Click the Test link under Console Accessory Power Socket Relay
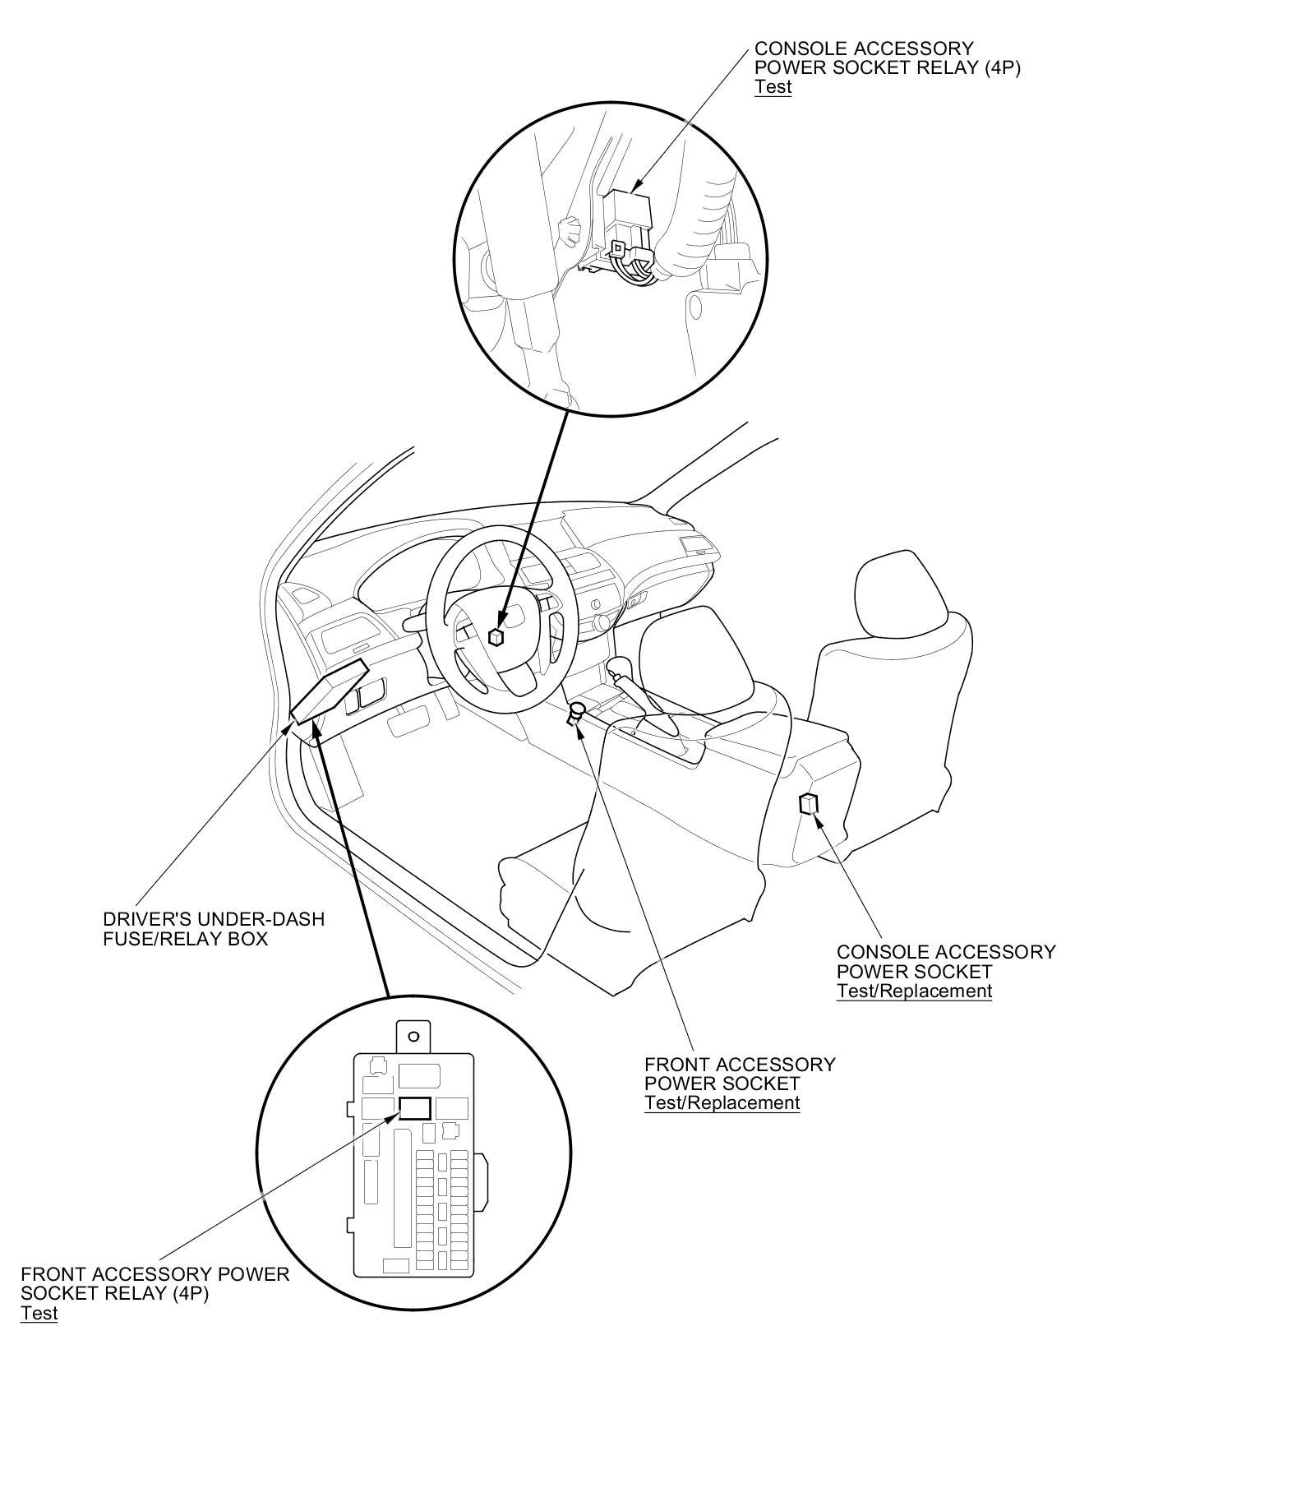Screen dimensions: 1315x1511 tap(773, 87)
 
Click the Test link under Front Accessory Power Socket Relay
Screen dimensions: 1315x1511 tap(39, 1313)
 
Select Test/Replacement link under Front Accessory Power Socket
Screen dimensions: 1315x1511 tap(722, 1103)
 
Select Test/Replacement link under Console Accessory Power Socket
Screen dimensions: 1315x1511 tap(914, 991)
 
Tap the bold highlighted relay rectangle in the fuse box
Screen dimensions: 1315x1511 tap(414, 1108)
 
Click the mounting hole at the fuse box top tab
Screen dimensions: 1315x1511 tap(414, 1037)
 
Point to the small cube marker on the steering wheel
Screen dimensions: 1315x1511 tap(496, 636)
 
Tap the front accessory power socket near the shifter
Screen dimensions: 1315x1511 tap(576, 712)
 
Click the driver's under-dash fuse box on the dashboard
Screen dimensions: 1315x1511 tap(329, 691)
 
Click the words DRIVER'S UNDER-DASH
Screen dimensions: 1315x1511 tap(214, 919)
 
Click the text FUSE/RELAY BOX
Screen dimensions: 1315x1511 tap(185, 939)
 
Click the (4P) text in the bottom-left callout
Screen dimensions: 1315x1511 tap(191, 1293)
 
